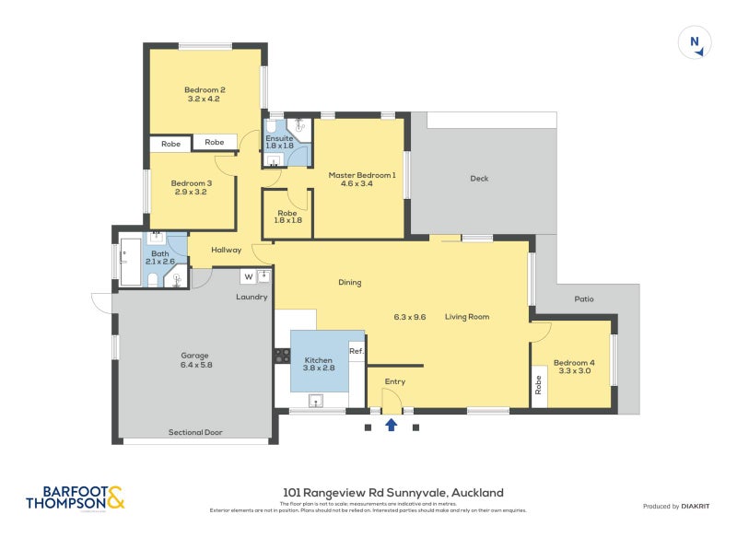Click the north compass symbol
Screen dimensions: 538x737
[x=695, y=42]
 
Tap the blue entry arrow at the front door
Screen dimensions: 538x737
[x=391, y=425]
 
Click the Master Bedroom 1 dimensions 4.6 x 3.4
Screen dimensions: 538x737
[x=362, y=184]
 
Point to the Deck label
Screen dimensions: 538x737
[x=479, y=179]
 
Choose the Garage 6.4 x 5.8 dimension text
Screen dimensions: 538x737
[x=194, y=365]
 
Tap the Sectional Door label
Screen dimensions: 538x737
[x=195, y=432]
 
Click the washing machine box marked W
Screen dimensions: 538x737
[x=249, y=275]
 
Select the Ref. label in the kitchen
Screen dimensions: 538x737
[x=357, y=351]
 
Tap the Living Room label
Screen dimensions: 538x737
[x=467, y=317]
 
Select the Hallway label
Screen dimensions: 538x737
[x=227, y=250]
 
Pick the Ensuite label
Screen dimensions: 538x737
[x=279, y=138]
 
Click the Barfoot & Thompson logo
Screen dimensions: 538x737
[x=75, y=497]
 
